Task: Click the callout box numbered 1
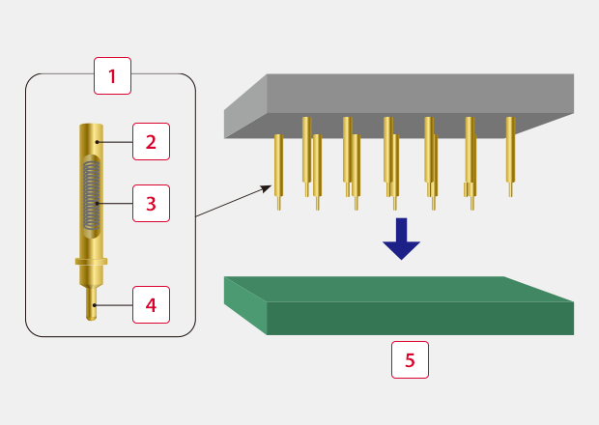coord(112,75)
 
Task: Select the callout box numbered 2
coord(151,141)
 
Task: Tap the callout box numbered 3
coord(151,204)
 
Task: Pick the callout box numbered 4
coord(151,305)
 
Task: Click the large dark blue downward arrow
coord(401,238)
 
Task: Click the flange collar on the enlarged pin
coord(91,261)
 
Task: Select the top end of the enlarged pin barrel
coord(91,128)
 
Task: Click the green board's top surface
coord(386,288)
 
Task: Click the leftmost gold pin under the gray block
coord(278,169)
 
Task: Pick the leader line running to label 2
coord(116,141)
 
